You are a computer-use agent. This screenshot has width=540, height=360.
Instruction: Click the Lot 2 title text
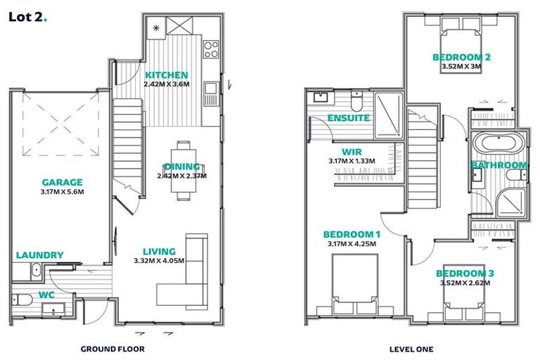(x=27, y=18)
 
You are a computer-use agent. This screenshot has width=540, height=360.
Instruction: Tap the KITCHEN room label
(x=166, y=75)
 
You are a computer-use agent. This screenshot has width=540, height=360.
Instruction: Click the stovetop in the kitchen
(x=210, y=49)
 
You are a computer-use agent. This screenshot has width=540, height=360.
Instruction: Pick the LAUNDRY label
(x=39, y=255)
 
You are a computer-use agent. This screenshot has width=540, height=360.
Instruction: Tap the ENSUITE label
(x=349, y=117)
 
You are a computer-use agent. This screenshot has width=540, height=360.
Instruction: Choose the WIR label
(x=351, y=151)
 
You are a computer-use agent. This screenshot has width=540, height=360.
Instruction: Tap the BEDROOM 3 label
(x=461, y=273)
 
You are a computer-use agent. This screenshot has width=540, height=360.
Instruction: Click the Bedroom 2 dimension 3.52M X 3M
(x=461, y=67)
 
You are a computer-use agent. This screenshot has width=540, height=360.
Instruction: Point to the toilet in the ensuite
(x=356, y=103)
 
